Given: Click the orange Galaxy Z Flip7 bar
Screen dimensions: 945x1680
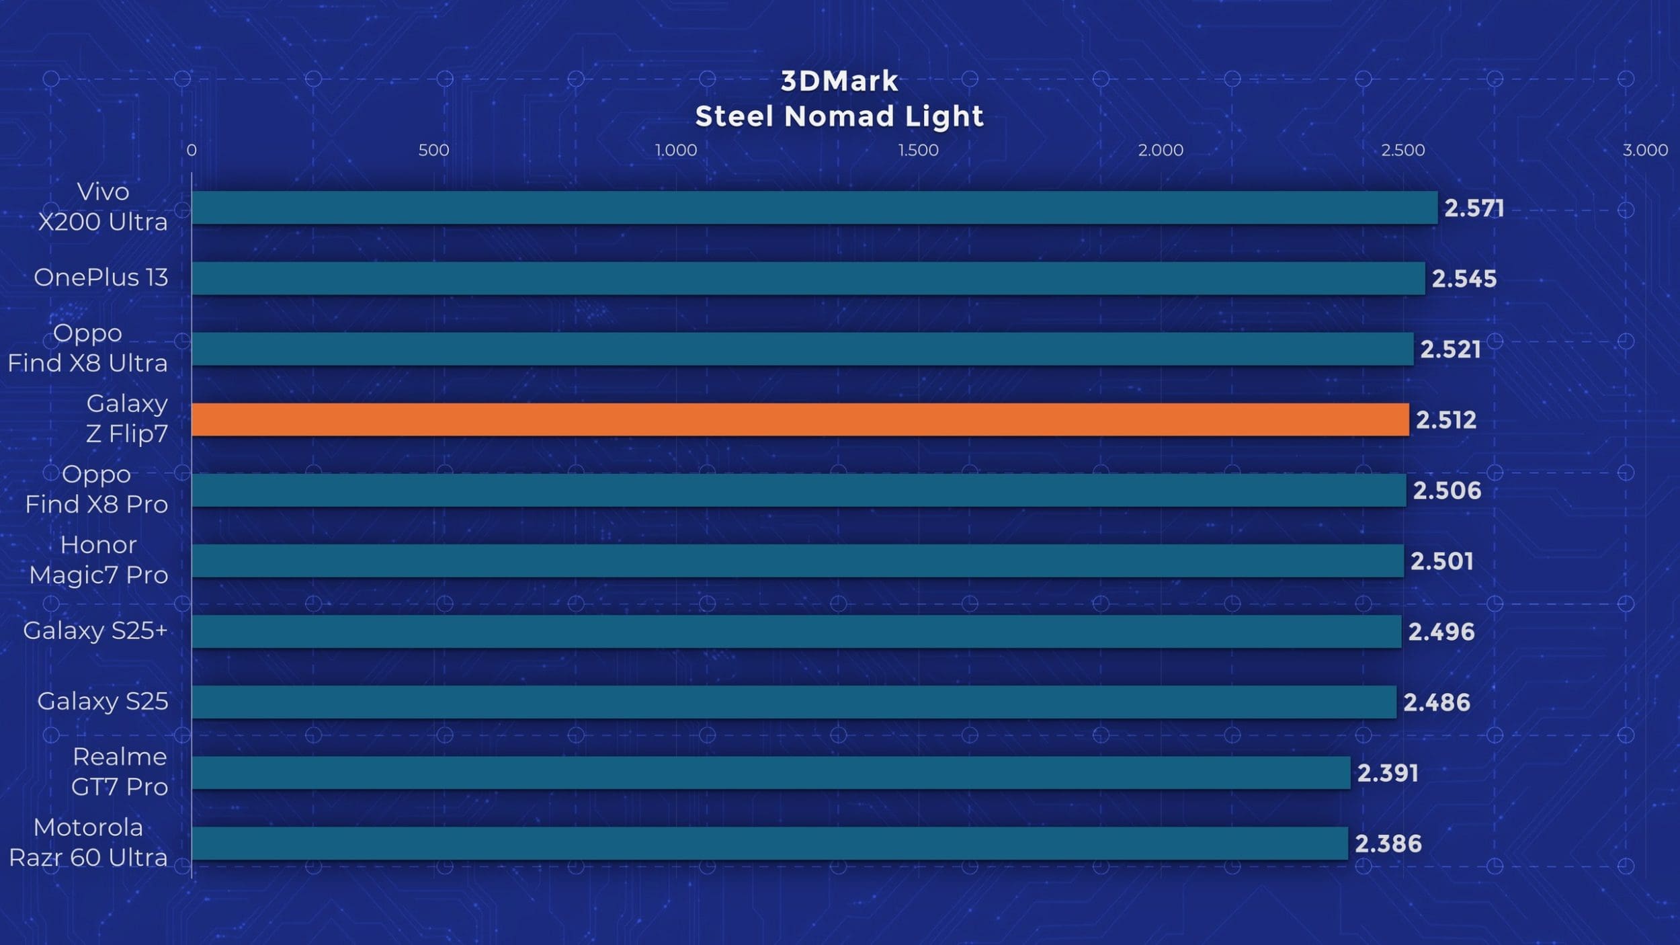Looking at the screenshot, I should click(800, 419).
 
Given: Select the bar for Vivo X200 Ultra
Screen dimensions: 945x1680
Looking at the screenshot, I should click(814, 208).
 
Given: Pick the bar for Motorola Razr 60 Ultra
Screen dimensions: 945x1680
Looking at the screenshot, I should click(769, 843).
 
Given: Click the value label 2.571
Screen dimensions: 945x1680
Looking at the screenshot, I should click(1474, 208).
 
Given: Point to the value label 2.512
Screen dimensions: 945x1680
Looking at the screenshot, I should click(1446, 420).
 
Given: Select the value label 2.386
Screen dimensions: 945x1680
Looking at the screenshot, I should click(1388, 844).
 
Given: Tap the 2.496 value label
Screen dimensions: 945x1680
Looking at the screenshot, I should click(1441, 632).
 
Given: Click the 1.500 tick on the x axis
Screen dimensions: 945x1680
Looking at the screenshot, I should click(918, 150).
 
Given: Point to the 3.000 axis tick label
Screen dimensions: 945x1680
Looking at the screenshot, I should click(1645, 150).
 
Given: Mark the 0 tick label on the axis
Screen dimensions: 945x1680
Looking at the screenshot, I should click(192, 150).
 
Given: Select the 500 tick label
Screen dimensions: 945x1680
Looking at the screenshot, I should click(433, 150).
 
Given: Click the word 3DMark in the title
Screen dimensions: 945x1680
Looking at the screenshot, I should click(839, 81).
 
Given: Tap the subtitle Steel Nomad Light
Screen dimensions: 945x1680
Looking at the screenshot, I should click(839, 116).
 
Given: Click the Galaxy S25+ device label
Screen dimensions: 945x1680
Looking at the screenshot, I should click(95, 630).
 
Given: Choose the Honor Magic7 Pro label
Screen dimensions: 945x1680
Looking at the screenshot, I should click(99, 559).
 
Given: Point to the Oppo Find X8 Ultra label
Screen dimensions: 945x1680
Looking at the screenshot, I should click(87, 347).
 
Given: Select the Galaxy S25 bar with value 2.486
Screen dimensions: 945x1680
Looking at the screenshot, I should click(794, 702).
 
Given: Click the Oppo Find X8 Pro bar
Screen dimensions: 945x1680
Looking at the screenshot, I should click(798, 490).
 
